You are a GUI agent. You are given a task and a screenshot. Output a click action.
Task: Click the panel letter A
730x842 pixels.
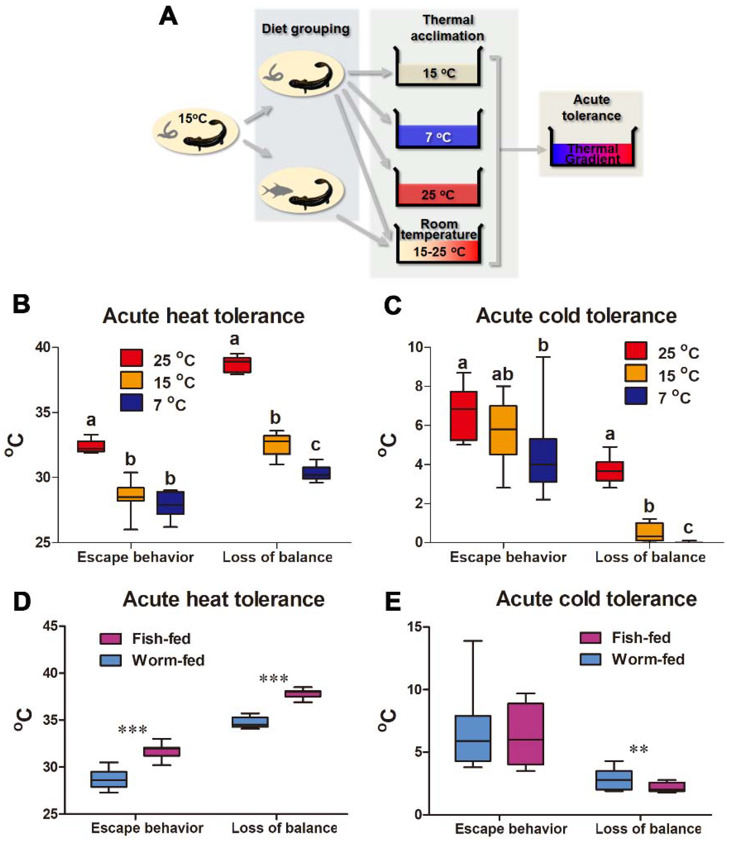click(x=168, y=17)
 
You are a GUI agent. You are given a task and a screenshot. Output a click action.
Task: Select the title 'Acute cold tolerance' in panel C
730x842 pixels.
click(x=576, y=316)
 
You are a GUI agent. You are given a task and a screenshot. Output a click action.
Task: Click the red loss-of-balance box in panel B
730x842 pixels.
click(x=237, y=365)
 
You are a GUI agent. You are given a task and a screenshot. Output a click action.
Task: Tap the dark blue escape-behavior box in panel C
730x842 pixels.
click(x=543, y=460)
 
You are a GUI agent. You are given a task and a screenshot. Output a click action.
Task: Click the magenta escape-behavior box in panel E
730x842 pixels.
click(x=525, y=734)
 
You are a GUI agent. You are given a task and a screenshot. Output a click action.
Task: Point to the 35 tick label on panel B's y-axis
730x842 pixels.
click(x=44, y=412)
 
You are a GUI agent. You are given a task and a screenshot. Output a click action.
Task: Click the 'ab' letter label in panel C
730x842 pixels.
click(x=502, y=374)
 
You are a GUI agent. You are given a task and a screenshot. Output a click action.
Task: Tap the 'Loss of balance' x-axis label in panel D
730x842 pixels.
click(x=284, y=828)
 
